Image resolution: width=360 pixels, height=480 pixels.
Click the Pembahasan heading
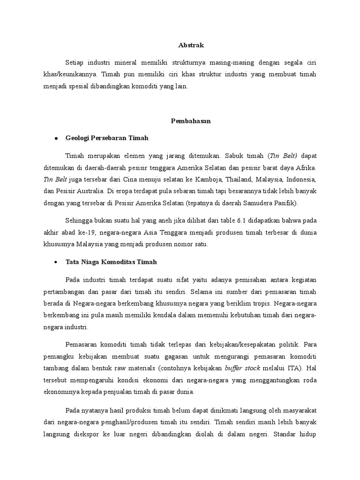coord(190,121)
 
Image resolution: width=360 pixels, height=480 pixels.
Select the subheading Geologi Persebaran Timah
coord(107,138)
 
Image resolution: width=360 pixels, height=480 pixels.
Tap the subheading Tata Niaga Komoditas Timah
coord(111,262)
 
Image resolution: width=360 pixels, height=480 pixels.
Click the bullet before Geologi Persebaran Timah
coord(56,138)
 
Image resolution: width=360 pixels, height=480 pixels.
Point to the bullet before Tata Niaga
coord(56,262)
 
